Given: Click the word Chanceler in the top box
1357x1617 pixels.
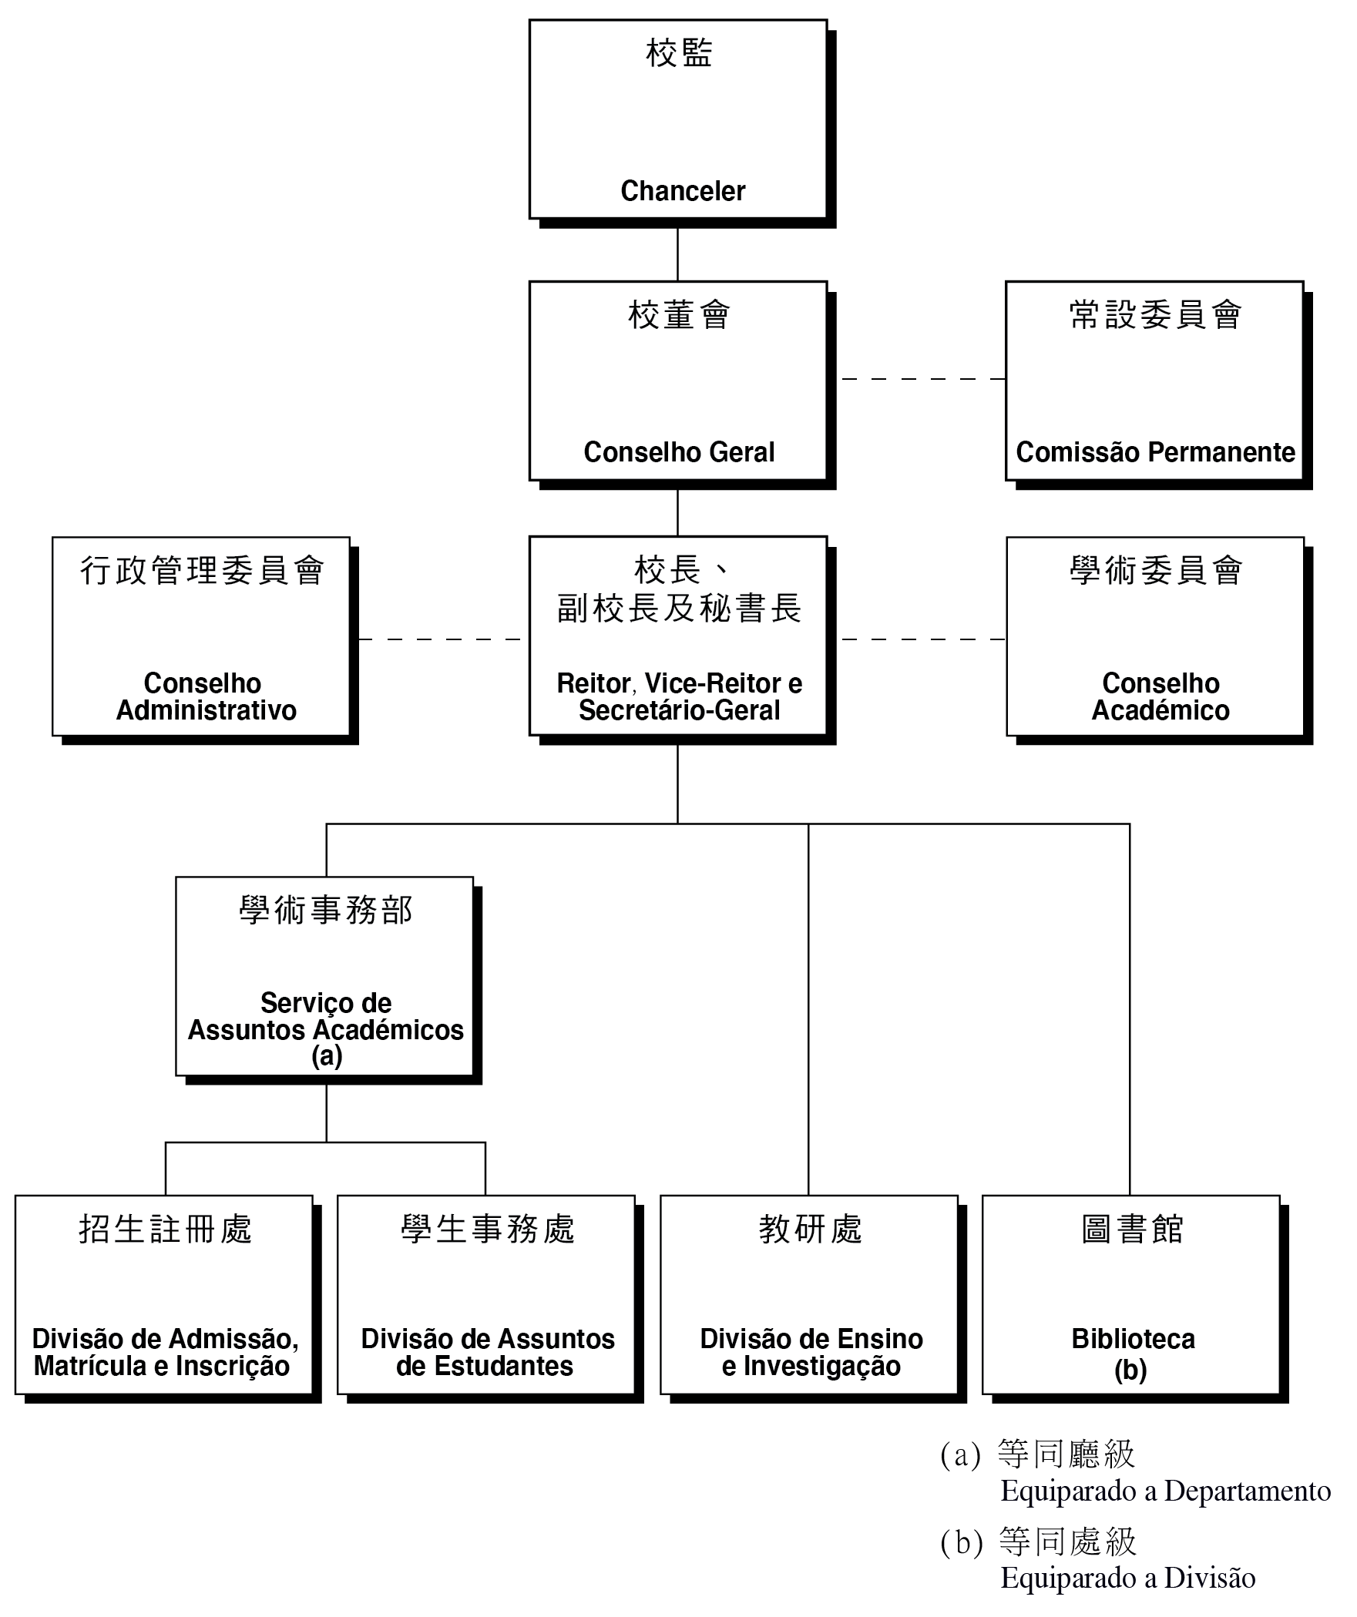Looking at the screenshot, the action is (683, 191).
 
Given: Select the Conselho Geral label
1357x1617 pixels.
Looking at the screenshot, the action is (679, 452).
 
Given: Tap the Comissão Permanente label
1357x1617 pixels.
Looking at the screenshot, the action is (1155, 452).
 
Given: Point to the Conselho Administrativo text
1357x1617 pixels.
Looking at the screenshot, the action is (206, 696).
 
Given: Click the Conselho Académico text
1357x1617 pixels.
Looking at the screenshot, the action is (1161, 696).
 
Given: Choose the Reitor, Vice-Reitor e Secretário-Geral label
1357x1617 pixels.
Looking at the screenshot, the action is (679, 696).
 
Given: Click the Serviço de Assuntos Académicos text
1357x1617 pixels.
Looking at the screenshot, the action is (326, 1016).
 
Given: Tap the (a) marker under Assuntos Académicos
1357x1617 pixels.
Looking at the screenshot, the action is (327, 1055).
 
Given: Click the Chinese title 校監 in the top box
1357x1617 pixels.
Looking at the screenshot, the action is (678, 53).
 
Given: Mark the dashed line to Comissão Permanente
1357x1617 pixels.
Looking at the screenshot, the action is (923, 379).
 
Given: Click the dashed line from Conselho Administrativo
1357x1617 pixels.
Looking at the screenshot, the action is (440, 639).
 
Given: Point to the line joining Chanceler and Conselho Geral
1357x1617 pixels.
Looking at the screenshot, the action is (677, 255).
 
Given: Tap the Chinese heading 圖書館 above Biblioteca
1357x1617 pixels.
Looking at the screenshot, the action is (1132, 1229).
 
